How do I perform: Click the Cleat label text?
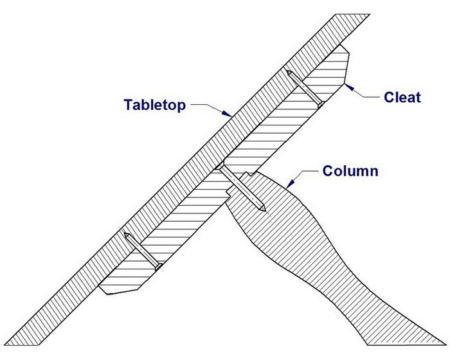coord(402,98)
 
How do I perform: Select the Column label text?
coord(352,172)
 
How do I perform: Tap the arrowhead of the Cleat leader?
coord(346,84)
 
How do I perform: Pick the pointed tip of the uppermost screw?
coord(321,105)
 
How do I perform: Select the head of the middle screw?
coord(221,168)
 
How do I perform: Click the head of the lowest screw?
coord(127,235)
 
